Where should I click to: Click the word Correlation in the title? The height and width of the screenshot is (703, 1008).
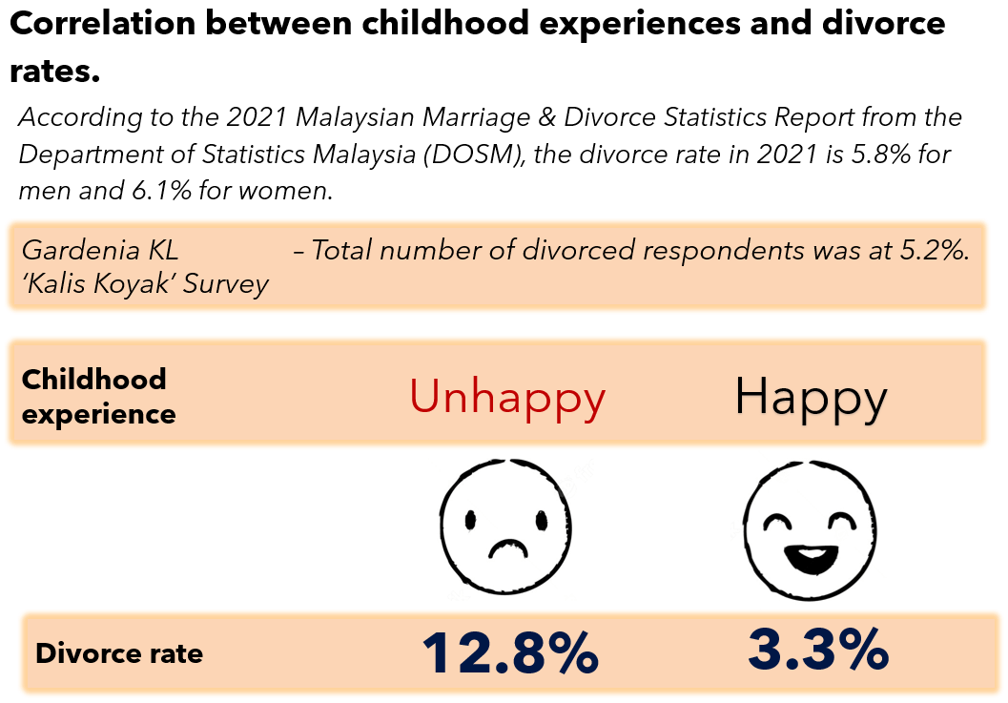pyautogui.click(x=103, y=23)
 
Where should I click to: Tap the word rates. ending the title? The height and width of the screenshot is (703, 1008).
pyautogui.click(x=55, y=72)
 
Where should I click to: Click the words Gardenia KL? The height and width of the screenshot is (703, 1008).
pyautogui.click(x=99, y=250)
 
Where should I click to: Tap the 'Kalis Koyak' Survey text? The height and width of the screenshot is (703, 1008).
pyautogui.click(x=145, y=283)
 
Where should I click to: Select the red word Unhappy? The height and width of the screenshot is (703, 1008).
pyautogui.click(x=507, y=397)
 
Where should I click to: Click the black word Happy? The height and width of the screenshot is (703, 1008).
pyautogui.click(x=811, y=398)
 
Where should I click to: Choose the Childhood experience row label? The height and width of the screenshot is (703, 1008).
pyautogui.click(x=98, y=396)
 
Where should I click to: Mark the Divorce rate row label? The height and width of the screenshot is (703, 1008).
pyautogui.click(x=119, y=653)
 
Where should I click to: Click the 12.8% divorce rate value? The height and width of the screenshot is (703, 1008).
pyautogui.click(x=510, y=652)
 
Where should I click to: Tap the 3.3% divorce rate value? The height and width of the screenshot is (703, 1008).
pyautogui.click(x=818, y=651)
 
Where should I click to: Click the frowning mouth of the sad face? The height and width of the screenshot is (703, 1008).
pyautogui.click(x=508, y=548)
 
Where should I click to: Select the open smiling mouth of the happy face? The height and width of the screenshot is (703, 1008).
pyautogui.click(x=812, y=558)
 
